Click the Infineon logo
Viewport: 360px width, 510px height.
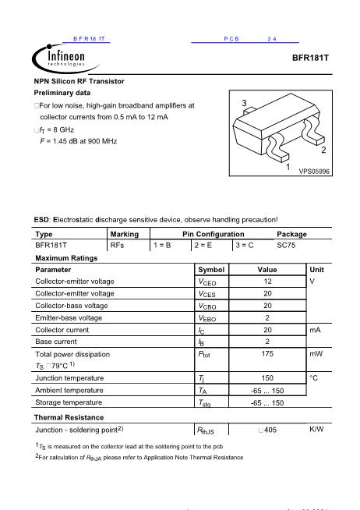[x=59, y=57]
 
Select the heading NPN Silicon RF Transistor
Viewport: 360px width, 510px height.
[x=79, y=81]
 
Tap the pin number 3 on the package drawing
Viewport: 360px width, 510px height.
[x=244, y=104]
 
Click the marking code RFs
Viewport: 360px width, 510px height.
[x=118, y=245]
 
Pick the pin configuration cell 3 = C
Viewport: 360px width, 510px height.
[x=245, y=245]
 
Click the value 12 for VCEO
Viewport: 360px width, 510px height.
[x=267, y=281]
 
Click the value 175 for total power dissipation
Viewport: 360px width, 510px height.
[x=267, y=353]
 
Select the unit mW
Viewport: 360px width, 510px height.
[x=316, y=353]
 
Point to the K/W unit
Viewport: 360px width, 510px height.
[x=316, y=429]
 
